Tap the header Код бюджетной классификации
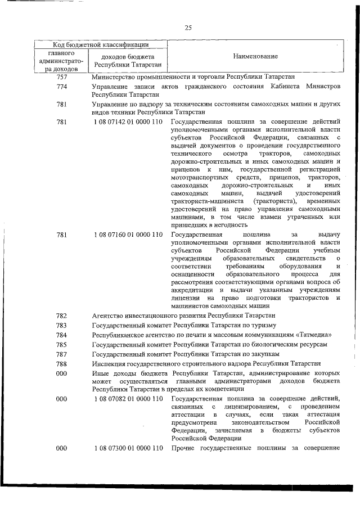click(101, 44)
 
